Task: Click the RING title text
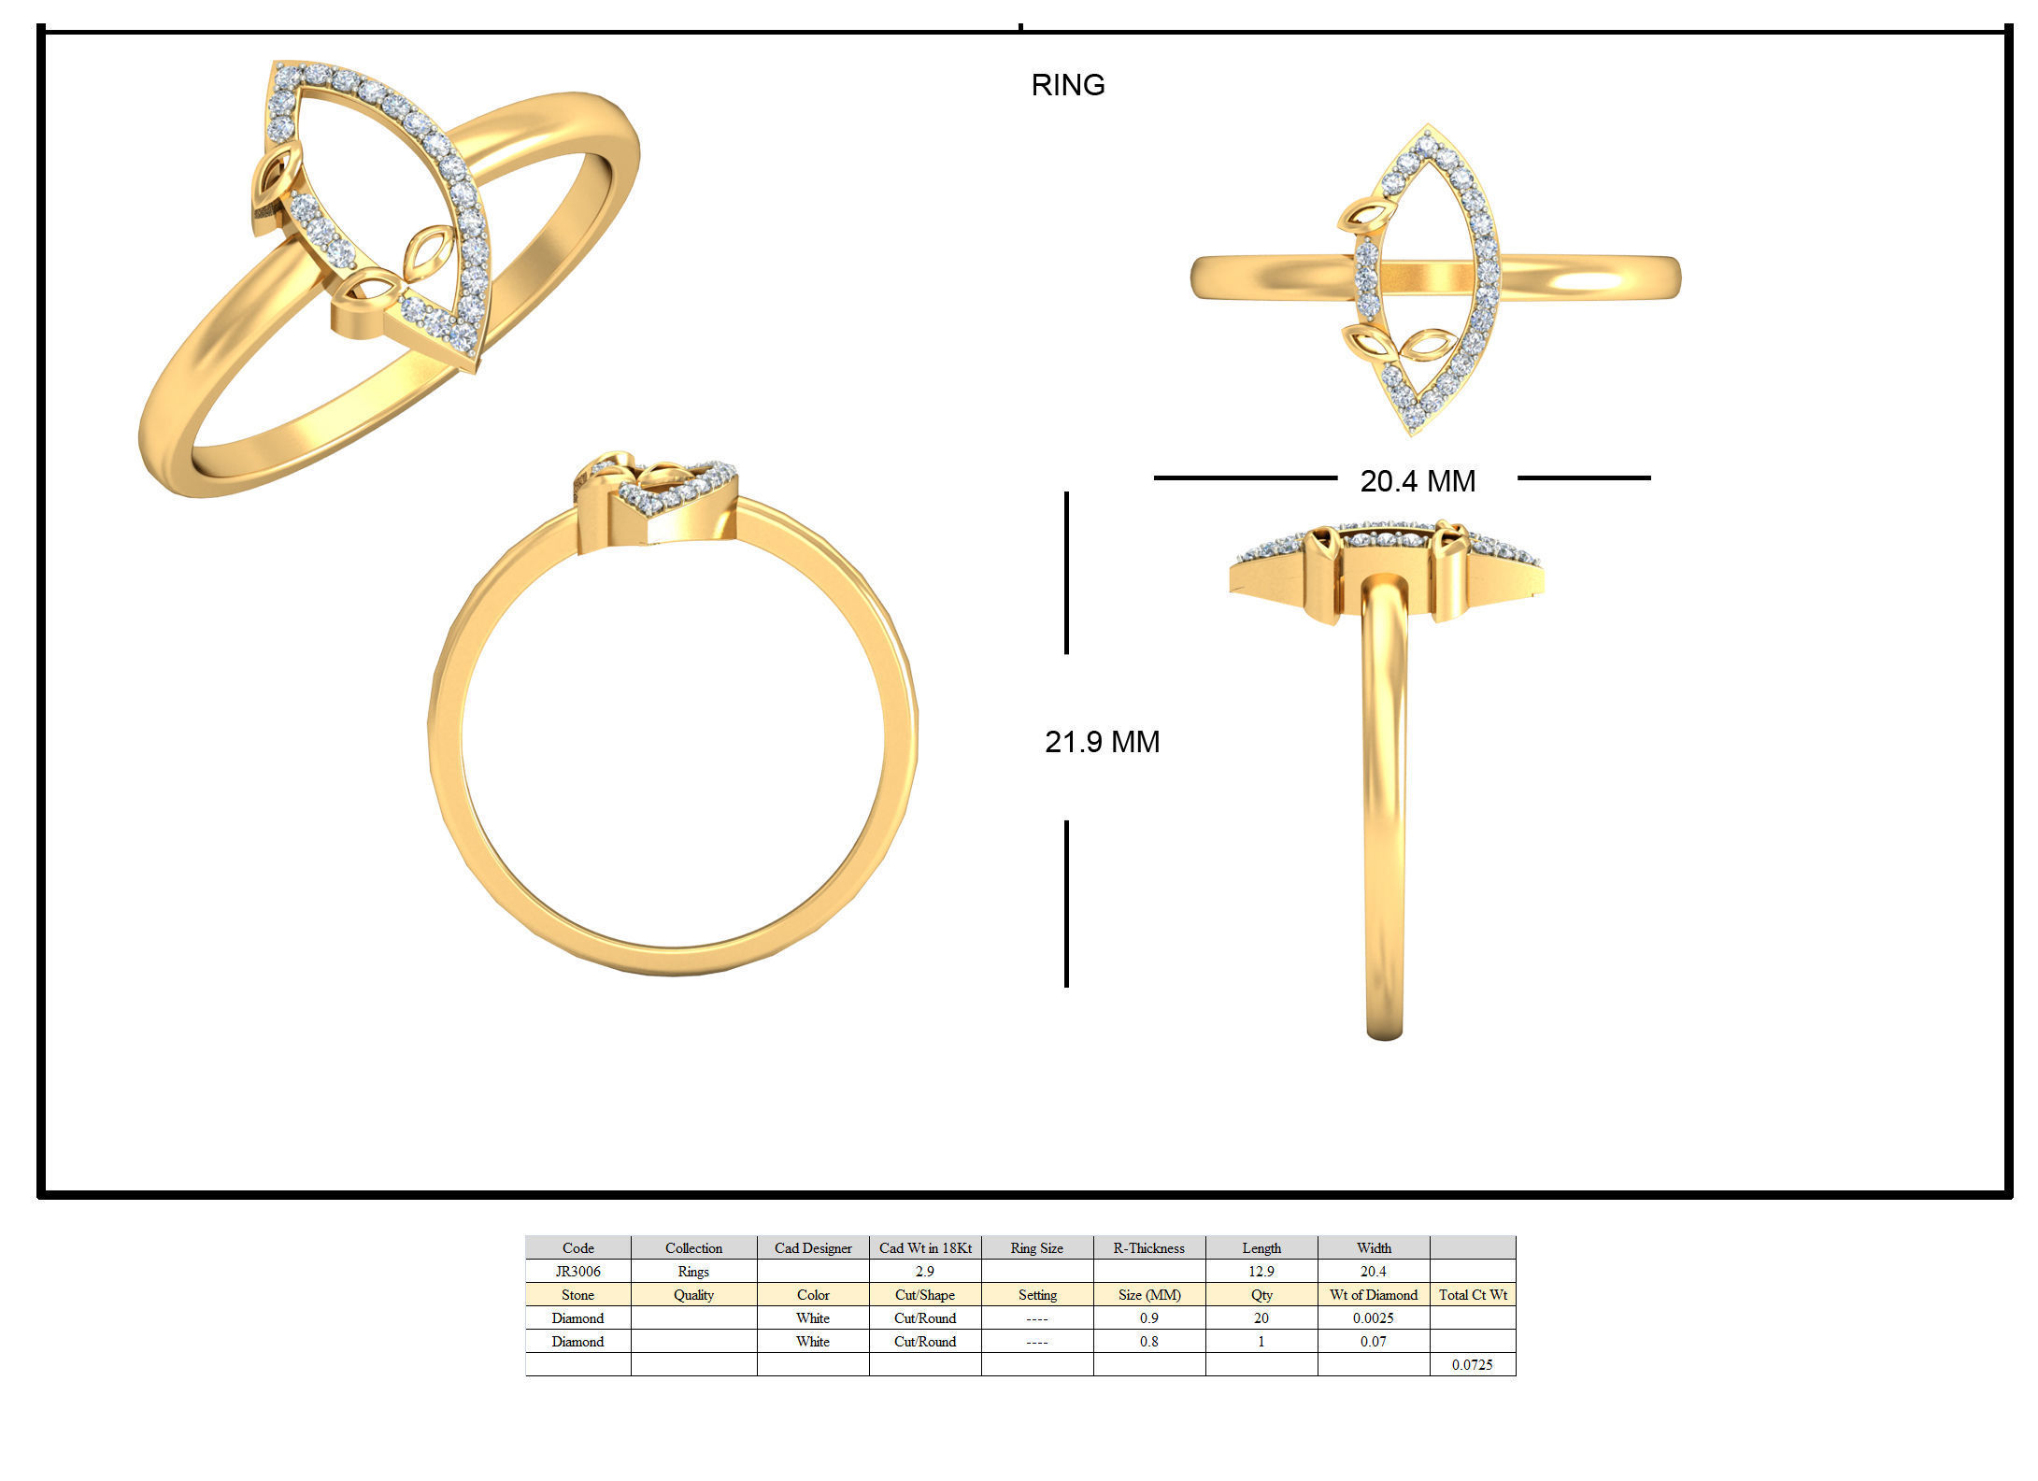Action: pos(1067,85)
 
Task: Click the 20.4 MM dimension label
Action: pos(1417,481)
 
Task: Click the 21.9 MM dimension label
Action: pos(1102,742)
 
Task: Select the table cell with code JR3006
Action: pos(577,1271)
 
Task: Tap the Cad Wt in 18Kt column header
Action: pos(924,1247)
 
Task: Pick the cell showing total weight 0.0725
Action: pos(1472,1364)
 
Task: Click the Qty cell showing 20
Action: pos(1261,1317)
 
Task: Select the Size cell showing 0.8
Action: pos(1148,1341)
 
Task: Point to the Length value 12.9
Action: pos(1261,1271)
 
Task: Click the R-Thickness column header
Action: pos(1148,1247)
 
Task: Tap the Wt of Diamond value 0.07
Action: pos(1373,1341)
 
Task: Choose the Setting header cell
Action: pos(1037,1294)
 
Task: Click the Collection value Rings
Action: pos(693,1271)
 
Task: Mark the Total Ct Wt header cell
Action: pos(1472,1294)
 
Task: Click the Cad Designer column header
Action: pos(812,1247)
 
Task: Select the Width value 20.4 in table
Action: pos(1373,1271)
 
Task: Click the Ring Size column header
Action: pos(1036,1247)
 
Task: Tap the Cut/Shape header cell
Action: pos(924,1294)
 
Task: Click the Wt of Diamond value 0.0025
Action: pos(1373,1317)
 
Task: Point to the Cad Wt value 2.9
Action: pos(924,1271)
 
